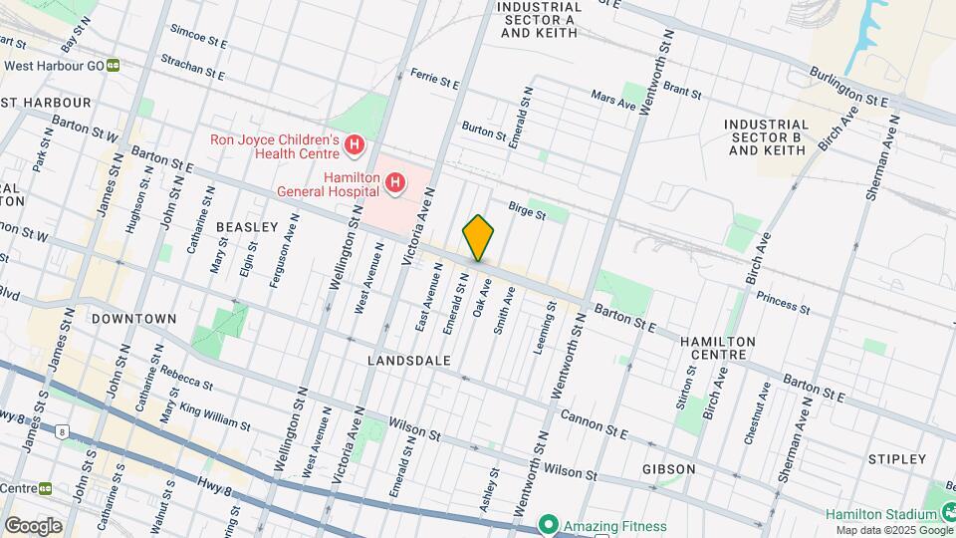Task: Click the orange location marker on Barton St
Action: pos(478,238)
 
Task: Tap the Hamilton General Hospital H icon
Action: pos(395,182)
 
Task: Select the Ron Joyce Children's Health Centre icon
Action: pos(354,148)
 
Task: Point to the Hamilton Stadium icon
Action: pos(947,513)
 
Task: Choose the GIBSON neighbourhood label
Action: pos(668,468)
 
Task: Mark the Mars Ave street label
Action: pos(612,102)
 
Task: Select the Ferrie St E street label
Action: pos(434,78)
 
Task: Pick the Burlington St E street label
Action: pos(848,86)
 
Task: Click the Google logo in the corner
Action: pos(33,525)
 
